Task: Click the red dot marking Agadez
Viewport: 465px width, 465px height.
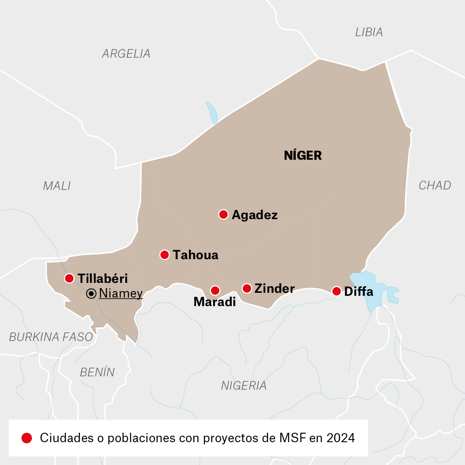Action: point(223,214)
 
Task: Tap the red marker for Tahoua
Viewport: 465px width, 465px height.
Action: point(164,255)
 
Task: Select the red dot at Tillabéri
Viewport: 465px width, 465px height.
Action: point(69,278)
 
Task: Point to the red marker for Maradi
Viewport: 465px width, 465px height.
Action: point(215,291)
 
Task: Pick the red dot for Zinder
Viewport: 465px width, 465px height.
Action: point(247,288)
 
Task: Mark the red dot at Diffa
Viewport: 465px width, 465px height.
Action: point(337,291)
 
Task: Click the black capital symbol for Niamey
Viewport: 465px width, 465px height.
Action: point(91,294)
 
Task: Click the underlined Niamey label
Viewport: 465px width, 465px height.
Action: point(121,294)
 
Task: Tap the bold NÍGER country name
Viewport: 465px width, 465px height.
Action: point(303,156)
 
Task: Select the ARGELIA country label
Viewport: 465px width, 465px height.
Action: point(126,54)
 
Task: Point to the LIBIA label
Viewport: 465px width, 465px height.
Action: point(369,32)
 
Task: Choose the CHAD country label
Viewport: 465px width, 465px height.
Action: point(435,186)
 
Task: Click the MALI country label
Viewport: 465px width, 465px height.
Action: point(57,186)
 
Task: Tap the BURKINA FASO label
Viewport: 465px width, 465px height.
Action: point(51,337)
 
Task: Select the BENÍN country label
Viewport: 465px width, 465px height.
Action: point(97,372)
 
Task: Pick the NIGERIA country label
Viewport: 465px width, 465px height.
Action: point(244,386)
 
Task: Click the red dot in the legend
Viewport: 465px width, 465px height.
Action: point(27,438)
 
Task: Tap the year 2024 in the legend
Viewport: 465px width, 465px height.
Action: point(341,438)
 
